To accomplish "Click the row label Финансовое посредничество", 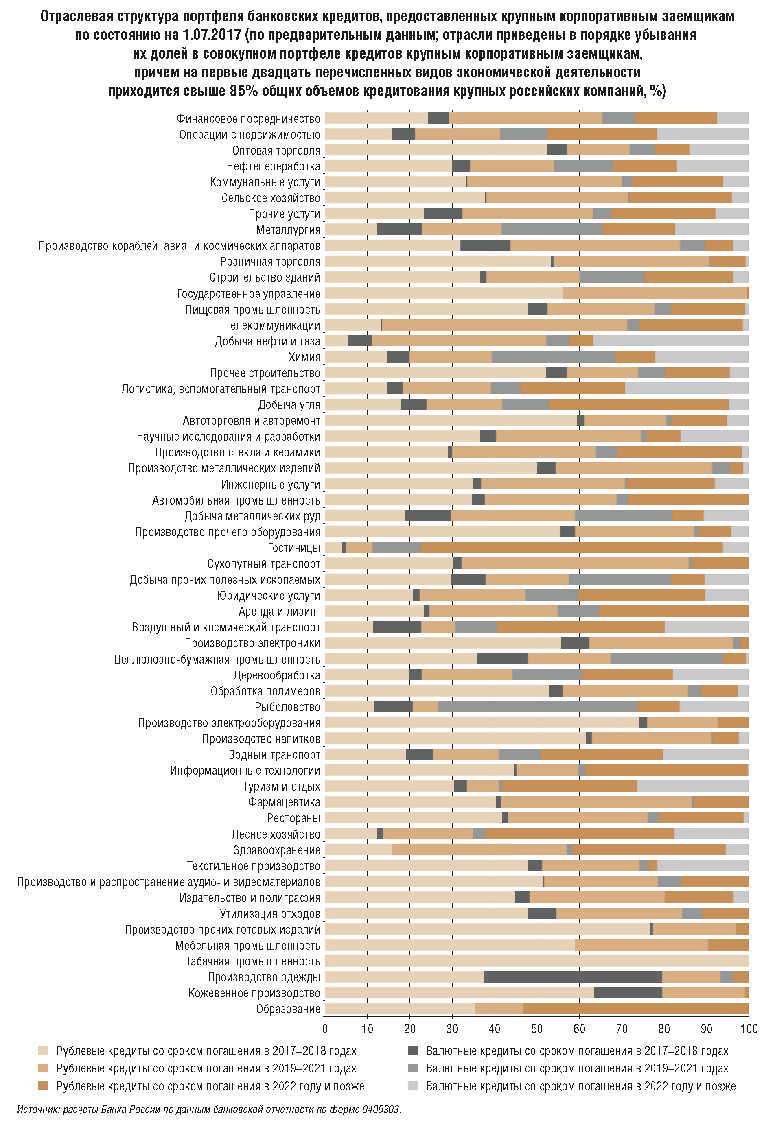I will tap(248, 119).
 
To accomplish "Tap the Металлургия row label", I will tap(288, 230).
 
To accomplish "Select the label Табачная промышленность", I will tap(253, 961).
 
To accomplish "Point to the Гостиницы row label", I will tap(294, 548).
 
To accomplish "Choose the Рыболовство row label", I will tap(288, 707).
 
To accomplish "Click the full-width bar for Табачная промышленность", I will tap(536, 961).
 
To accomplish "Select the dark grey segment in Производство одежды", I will tap(573, 977).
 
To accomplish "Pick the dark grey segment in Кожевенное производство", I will tap(628, 993).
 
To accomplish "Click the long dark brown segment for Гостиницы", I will tap(571, 548).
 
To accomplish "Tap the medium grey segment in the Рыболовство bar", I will tap(538, 707).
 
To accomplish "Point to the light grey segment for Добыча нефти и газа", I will tap(671, 341).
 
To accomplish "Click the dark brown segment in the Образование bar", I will tap(636, 1009).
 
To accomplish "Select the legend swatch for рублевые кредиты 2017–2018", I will tap(43, 1051).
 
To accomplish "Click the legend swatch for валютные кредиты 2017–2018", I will tap(413, 1051).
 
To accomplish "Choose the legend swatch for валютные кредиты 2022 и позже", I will tap(413, 1086).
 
